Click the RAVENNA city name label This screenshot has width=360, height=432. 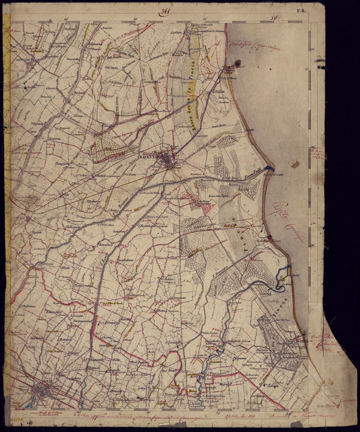149,156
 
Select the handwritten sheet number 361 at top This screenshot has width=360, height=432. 163,13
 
